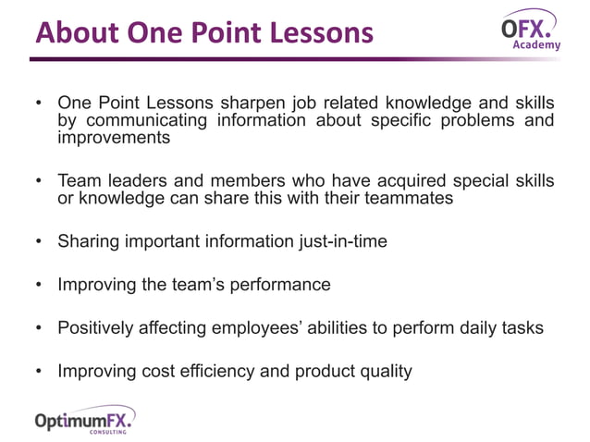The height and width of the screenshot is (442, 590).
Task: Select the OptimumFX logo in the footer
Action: (84, 421)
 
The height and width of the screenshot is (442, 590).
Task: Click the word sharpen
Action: (237, 103)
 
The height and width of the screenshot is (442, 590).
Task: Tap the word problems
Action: (473, 120)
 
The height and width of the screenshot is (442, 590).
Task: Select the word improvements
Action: (114, 138)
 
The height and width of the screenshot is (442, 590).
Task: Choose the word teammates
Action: (410, 199)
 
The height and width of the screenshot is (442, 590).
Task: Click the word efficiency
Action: (243, 372)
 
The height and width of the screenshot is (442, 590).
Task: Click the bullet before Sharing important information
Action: (38, 242)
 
